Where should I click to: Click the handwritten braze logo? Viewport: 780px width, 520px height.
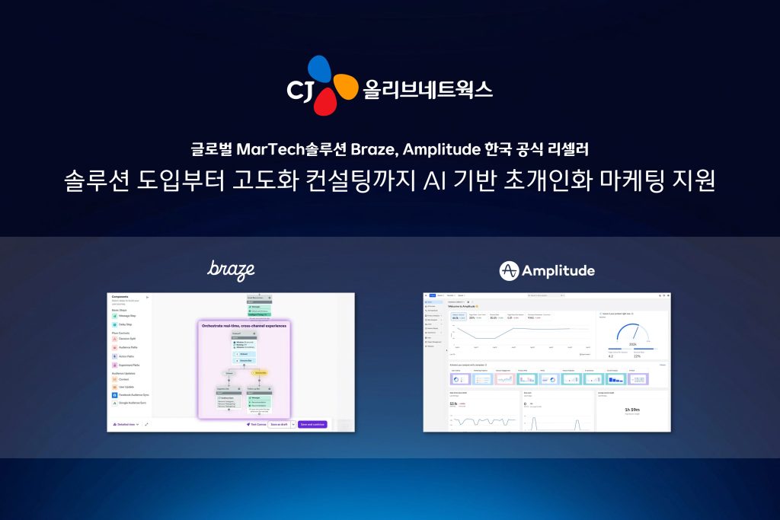click(x=231, y=270)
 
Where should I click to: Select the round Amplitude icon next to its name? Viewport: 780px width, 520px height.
click(x=509, y=270)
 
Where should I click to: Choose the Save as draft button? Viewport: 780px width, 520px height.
click(x=277, y=424)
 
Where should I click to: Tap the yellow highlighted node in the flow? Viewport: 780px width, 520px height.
click(x=261, y=373)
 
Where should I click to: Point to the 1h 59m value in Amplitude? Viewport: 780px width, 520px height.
click(x=631, y=409)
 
